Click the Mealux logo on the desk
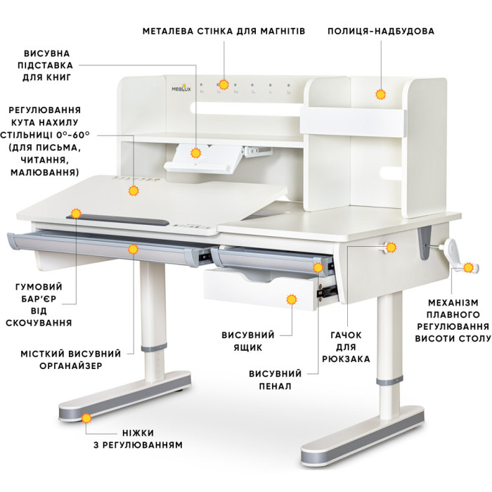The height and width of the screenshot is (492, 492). point(181,88)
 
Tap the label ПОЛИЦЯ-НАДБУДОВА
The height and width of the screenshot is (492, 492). point(381,31)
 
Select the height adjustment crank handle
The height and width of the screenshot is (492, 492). point(459,258)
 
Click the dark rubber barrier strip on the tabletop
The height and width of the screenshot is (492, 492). point(117,219)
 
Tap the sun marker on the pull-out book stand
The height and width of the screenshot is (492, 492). point(196,153)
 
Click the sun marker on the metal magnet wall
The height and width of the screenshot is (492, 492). point(224,84)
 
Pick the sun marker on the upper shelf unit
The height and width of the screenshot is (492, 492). point(381,94)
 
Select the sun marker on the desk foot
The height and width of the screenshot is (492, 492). point(86,418)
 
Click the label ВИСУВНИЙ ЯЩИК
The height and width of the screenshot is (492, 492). point(248,341)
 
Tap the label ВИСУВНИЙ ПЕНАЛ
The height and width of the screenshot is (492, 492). point(276,380)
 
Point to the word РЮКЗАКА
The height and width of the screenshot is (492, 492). point(346,358)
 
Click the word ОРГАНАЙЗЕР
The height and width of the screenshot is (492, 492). point(71,366)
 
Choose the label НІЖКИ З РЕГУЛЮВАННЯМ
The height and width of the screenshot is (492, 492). point(138,439)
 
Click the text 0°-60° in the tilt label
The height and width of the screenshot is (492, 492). point(73,135)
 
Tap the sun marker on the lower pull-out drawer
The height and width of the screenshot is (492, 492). point(292,299)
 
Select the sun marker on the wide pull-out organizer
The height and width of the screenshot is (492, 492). point(134,250)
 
